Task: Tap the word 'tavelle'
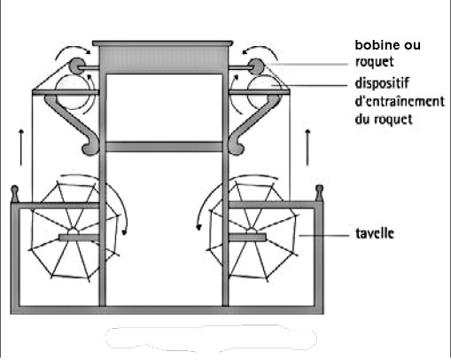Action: [375, 233]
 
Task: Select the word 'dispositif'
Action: [382, 83]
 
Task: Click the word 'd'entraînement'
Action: [400, 101]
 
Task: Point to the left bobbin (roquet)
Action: [77, 67]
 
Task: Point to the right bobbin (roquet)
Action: [256, 67]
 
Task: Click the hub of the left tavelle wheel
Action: [73, 231]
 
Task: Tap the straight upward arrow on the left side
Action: [21, 147]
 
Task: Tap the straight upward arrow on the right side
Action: [307, 147]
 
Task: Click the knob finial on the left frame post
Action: [14, 192]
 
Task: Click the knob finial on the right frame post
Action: [319, 192]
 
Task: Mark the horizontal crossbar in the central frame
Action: [164, 146]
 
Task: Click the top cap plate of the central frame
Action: [163, 43]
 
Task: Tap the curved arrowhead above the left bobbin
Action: [88, 52]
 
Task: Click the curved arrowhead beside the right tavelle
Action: [199, 227]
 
